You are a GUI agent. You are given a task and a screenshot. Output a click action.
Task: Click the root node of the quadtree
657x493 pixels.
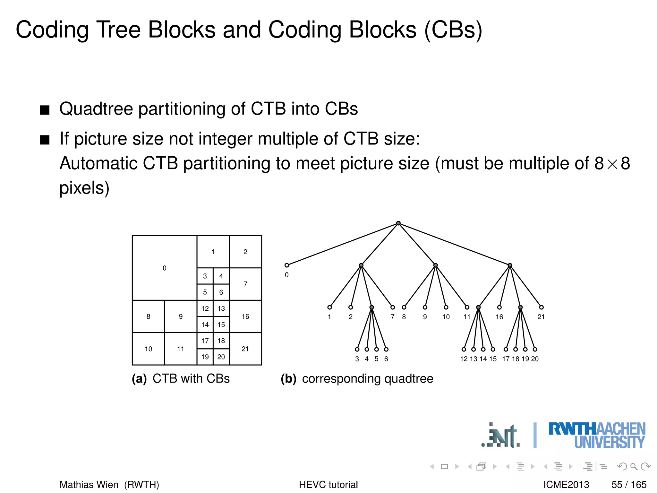[398, 223]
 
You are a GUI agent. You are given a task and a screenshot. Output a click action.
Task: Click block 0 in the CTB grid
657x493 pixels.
[165, 268]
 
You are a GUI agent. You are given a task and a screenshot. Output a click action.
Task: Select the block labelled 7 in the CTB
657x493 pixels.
[245, 284]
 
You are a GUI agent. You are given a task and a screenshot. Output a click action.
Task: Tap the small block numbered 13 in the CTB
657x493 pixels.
[221, 308]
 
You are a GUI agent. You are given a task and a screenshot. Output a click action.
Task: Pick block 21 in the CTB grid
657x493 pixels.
[245, 349]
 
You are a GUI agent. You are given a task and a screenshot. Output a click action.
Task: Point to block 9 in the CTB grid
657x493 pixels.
[181, 316]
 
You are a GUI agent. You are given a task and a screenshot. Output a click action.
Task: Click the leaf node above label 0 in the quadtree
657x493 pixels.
[287, 265]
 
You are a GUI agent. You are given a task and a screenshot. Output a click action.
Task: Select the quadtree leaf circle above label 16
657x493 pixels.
[499, 307]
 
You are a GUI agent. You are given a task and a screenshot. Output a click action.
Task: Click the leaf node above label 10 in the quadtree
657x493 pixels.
[446, 307]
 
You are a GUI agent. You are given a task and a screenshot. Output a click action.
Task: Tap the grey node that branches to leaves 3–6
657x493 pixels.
[371, 307]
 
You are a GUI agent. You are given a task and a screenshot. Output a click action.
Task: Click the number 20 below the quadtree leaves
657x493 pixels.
[535, 359]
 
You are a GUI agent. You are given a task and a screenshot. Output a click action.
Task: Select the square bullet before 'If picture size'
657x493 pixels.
[45, 140]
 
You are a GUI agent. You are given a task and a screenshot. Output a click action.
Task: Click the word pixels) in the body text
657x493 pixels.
[84, 188]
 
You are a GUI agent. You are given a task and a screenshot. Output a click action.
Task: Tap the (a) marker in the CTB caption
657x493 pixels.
[139, 379]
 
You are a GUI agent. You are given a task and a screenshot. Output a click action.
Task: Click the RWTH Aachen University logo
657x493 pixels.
[597, 435]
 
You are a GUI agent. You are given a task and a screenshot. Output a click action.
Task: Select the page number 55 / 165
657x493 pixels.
[629, 484]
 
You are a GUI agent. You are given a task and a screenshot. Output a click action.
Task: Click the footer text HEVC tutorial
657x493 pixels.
[328, 484]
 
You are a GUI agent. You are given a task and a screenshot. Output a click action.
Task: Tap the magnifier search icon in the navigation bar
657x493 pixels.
[634, 466]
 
